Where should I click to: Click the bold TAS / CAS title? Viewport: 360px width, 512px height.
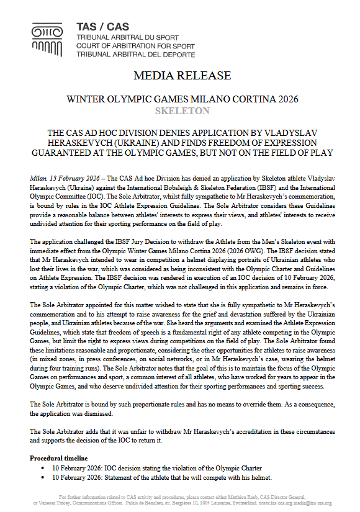(100, 27)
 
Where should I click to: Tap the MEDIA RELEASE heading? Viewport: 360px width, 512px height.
(179, 76)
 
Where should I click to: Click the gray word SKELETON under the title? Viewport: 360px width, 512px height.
(179, 111)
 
